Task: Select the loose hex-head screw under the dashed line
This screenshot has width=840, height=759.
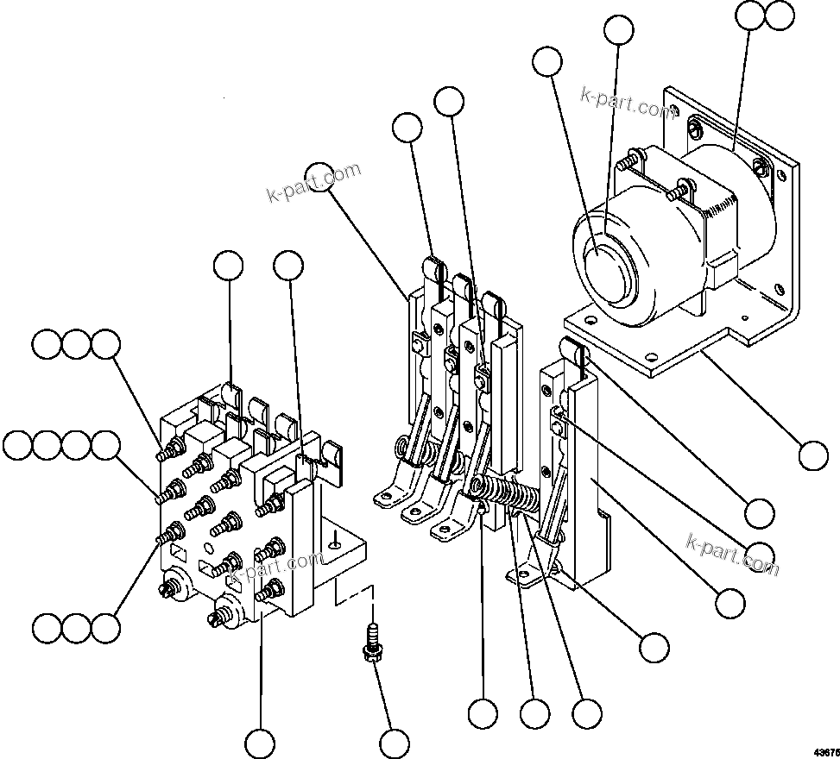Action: coord(372,643)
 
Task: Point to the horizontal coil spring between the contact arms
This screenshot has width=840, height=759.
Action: coord(509,498)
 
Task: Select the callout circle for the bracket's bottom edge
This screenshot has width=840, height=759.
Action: coord(813,455)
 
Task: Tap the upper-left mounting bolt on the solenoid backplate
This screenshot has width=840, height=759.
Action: coord(692,129)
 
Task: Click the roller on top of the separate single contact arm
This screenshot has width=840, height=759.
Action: coord(572,349)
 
